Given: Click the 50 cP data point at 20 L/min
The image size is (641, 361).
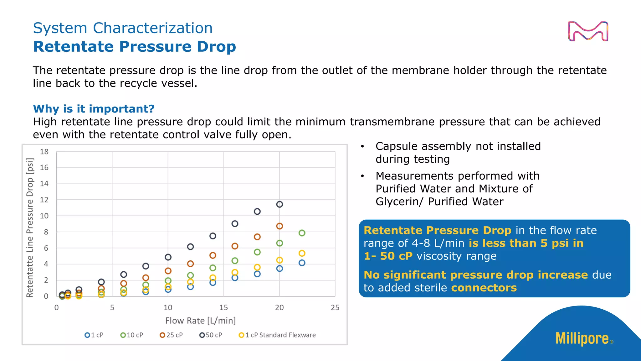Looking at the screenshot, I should pos(279,204).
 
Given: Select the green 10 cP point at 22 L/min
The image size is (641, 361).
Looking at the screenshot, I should pos(302,233).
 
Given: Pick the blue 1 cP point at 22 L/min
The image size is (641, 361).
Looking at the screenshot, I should pos(302,263).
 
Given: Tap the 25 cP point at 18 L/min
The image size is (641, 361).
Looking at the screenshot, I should pos(257,237).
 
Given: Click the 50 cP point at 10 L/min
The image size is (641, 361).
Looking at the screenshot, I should pos(168,257).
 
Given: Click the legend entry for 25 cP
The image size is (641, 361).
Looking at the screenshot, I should pos(171,335).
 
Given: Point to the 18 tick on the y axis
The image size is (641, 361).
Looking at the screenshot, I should pos(44,152).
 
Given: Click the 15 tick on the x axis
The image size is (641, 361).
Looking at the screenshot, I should pos(223,307).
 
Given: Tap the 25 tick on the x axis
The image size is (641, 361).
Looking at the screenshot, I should pos(335,307).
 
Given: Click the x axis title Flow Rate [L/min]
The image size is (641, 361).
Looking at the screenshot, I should pos(200,321).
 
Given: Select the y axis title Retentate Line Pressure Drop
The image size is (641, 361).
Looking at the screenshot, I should pos(30,228).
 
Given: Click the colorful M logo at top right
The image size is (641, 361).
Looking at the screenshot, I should pos(588,31).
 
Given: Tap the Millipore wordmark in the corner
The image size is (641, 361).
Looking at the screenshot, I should pos(582,338).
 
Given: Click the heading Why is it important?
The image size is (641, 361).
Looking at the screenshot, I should pos(94,109).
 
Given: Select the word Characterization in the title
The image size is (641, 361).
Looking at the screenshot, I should pos(153,28).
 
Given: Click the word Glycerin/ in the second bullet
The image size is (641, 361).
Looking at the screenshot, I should pos(399,201).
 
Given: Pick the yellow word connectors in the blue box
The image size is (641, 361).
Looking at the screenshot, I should pos(484,288).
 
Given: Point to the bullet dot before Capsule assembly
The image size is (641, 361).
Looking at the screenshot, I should pos(362,146).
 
